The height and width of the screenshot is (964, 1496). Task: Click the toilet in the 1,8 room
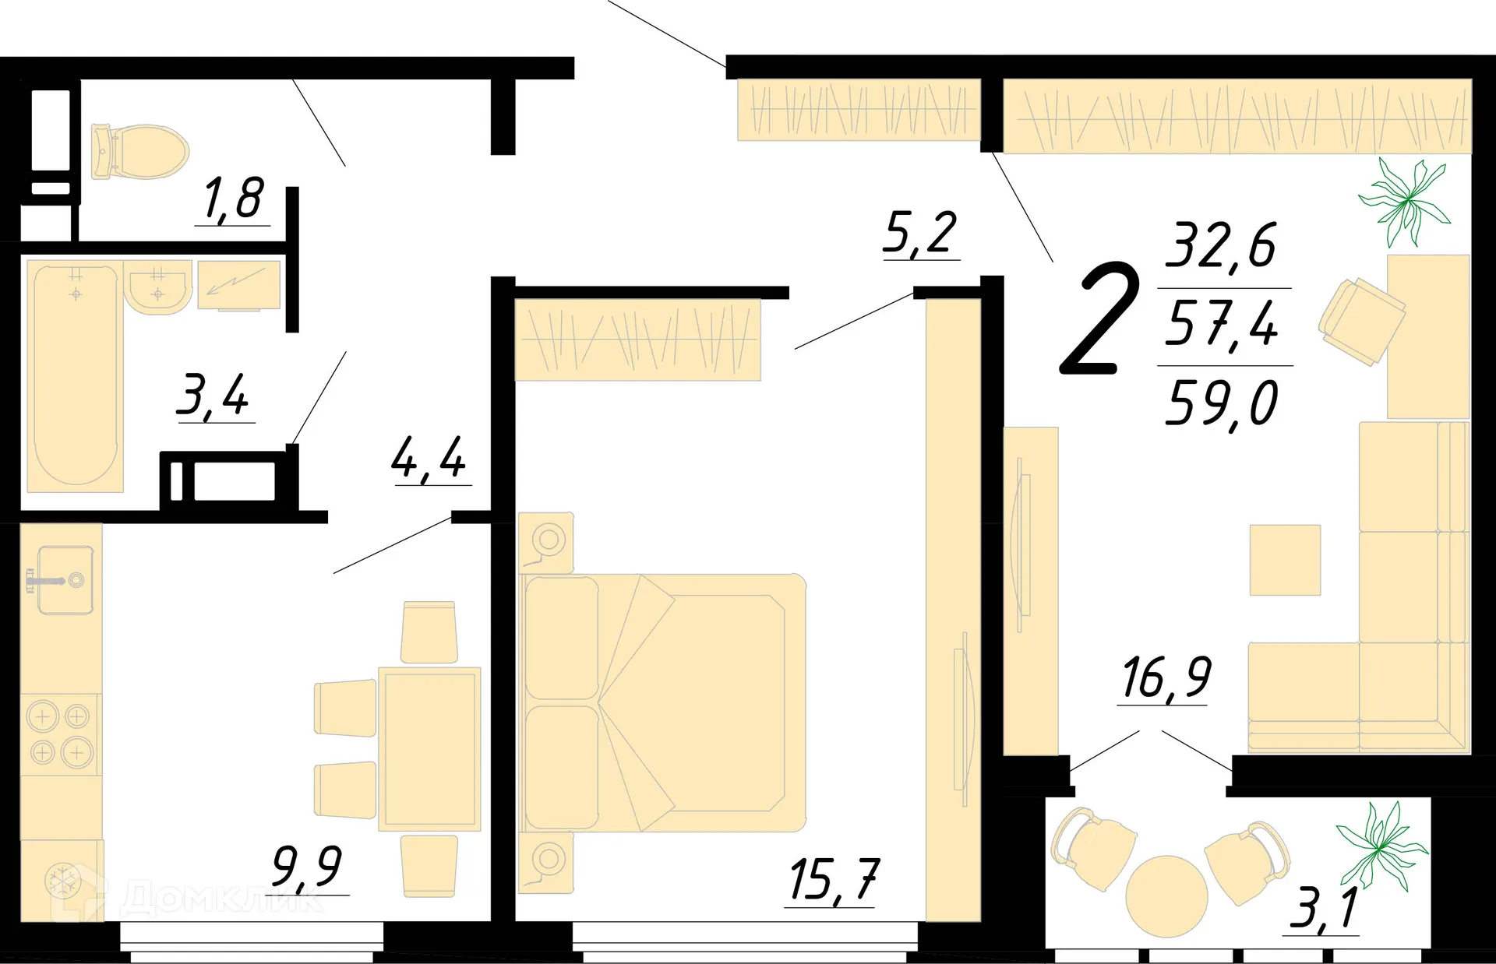(140, 151)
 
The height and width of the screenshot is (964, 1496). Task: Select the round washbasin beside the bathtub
(158, 288)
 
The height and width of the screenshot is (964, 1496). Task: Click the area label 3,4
(213, 396)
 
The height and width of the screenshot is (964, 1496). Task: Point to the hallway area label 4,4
(429, 458)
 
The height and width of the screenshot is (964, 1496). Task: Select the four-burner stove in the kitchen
(60, 734)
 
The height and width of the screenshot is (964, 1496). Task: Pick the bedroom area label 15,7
(832, 880)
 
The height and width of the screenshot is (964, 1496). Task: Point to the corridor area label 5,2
(920, 233)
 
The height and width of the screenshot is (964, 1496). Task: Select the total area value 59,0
(1222, 403)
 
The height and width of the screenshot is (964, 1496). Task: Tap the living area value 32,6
(1221, 245)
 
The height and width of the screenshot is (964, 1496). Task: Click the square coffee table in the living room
(1285, 560)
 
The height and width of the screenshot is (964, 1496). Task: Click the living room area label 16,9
(1166, 677)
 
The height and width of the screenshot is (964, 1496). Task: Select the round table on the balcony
(1166, 895)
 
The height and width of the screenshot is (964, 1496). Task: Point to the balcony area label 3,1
(1324, 908)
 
